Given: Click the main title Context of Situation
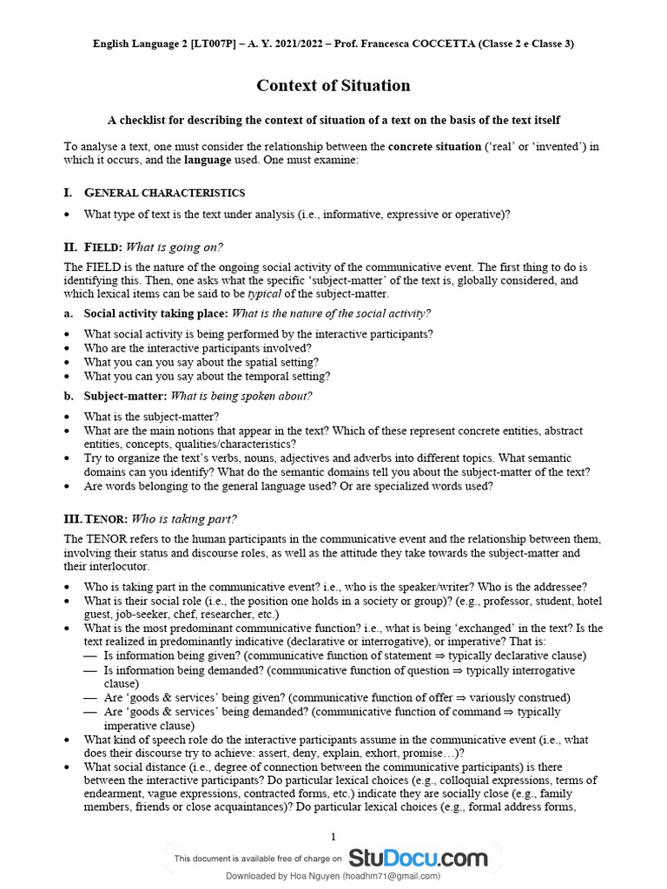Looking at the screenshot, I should [333, 85].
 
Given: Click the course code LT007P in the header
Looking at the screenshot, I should [203, 43].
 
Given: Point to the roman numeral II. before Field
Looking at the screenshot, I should [72, 247].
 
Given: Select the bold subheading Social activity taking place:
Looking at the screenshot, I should [155, 313].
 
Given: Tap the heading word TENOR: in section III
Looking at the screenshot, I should [106, 519].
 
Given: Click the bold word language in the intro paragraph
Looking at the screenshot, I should [208, 161].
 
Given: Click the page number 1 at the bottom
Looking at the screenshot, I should [333, 837].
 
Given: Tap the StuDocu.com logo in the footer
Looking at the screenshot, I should [418, 859].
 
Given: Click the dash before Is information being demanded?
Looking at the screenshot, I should [90, 671].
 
